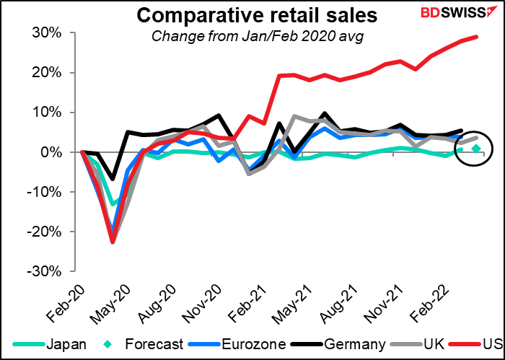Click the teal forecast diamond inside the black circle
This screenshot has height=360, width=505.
476,149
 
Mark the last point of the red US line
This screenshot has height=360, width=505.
476,37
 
